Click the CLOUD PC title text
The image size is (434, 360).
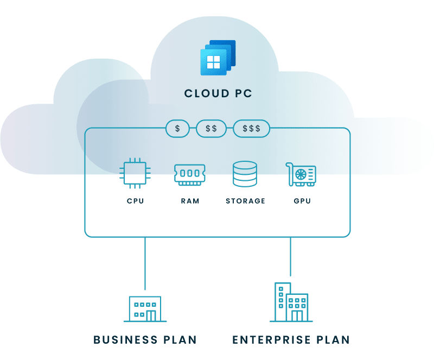point(218,93)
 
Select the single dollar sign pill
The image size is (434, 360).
point(177,129)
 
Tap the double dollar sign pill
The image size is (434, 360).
point(211,129)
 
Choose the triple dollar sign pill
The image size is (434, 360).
point(251,129)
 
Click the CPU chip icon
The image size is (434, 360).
point(135,174)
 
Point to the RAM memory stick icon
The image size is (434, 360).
point(190,174)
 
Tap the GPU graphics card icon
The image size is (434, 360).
point(301,174)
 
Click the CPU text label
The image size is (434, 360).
point(135,201)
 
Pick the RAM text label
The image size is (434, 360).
point(190,201)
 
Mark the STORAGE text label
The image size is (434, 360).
point(245,201)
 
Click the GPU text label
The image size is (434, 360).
point(302,201)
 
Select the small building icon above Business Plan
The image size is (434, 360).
point(145,308)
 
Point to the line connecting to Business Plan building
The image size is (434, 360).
point(145,263)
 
